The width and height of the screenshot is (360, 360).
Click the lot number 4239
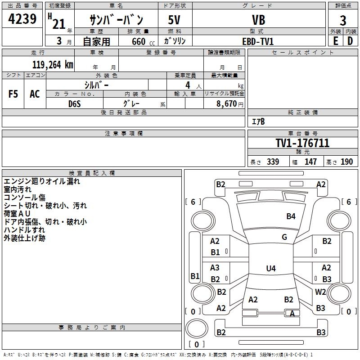tap(22, 20)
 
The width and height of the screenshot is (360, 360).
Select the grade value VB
tap(258, 20)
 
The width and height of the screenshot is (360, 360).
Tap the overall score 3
tap(343, 20)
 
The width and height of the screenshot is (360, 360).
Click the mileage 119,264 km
tap(53, 64)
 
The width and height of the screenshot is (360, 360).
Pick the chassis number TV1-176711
tap(302, 143)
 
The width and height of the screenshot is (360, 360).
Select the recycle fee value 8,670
tap(227, 103)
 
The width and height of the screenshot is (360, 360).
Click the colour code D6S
tap(75, 103)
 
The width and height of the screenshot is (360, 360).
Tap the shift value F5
tap(13, 94)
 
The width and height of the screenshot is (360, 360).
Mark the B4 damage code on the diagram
tap(291, 216)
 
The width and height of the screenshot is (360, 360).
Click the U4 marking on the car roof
tap(270, 269)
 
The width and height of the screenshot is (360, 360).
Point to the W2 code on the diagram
tap(320, 292)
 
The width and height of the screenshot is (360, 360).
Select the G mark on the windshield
tap(284, 237)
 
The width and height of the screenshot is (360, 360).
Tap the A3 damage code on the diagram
tap(215, 268)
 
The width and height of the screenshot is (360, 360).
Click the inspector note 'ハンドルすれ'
tap(22, 230)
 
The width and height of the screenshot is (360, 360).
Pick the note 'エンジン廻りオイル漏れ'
tap(42, 181)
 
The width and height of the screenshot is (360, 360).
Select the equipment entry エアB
tap(258, 121)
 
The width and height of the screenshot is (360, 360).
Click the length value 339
tap(273, 162)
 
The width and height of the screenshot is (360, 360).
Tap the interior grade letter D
tap(350, 41)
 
